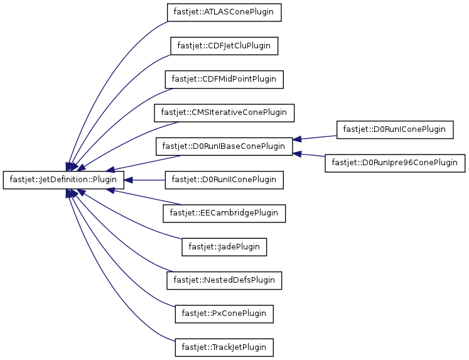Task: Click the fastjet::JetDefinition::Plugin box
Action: click(x=63, y=180)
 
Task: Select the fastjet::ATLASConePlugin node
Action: click(x=224, y=13)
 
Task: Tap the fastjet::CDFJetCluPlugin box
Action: click(x=224, y=46)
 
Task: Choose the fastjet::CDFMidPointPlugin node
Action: click(x=224, y=79)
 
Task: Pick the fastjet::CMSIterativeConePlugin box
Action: click(x=224, y=113)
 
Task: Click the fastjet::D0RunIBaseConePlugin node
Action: click(x=224, y=146)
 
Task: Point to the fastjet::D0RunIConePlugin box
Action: click(x=395, y=129)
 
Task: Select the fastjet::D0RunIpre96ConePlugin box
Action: click(x=395, y=163)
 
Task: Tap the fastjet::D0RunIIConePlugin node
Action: click(x=224, y=180)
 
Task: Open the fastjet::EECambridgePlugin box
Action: click(x=224, y=214)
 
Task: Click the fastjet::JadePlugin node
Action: click(x=224, y=247)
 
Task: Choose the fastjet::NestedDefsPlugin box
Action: click(x=224, y=280)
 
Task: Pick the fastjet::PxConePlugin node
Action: click(x=224, y=314)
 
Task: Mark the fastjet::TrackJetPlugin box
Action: click(x=224, y=347)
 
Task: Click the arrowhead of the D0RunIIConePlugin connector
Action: click(x=128, y=180)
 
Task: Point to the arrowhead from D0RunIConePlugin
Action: click(x=297, y=139)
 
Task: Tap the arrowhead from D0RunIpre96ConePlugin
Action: click(x=297, y=153)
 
